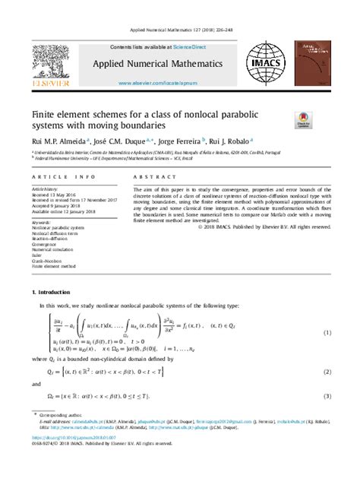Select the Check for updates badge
[x=303, y=119]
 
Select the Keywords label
[x=41, y=222]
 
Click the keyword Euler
[x=37, y=255]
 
